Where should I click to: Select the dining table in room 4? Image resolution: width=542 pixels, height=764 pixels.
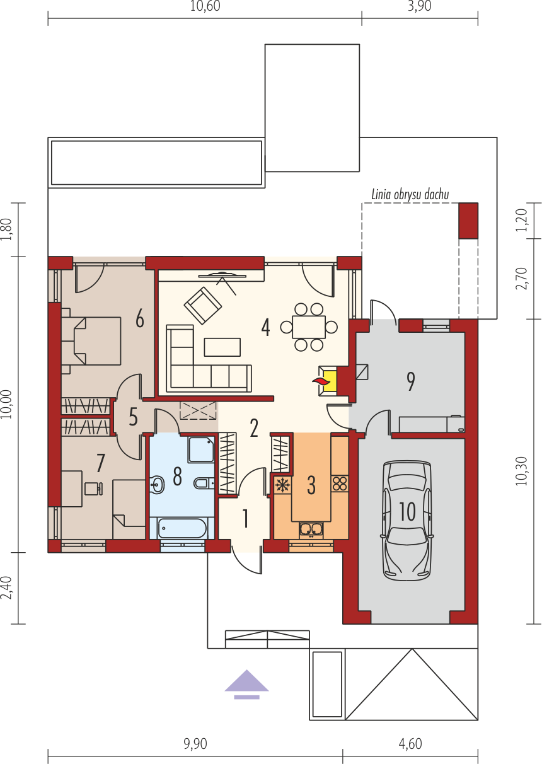pyautogui.click(x=309, y=327)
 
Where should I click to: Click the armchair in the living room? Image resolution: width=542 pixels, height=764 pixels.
pyautogui.click(x=203, y=305)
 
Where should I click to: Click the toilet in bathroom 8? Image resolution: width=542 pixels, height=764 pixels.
pyautogui.click(x=204, y=483)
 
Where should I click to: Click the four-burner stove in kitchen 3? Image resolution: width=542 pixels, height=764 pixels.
pyautogui.click(x=340, y=483)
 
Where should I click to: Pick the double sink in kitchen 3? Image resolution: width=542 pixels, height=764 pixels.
pyautogui.click(x=311, y=530)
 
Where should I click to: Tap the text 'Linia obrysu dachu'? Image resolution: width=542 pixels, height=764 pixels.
pyautogui.click(x=410, y=195)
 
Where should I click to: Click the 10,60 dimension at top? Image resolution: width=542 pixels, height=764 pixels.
pyautogui.click(x=205, y=6)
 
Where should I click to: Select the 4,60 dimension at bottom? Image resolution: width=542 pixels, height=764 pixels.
pyautogui.click(x=410, y=744)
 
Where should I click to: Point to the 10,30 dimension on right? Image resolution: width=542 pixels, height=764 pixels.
pyautogui.click(x=522, y=472)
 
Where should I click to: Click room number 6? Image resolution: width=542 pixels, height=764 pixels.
pyautogui.click(x=140, y=320)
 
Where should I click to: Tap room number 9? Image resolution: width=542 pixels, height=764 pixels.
pyautogui.click(x=411, y=381)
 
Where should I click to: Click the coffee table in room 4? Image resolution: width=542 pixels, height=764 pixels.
pyautogui.click(x=222, y=347)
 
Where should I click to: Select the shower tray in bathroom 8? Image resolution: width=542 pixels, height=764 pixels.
pyautogui.click(x=201, y=449)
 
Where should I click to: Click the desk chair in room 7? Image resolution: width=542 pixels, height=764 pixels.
pyautogui.click(x=93, y=489)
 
